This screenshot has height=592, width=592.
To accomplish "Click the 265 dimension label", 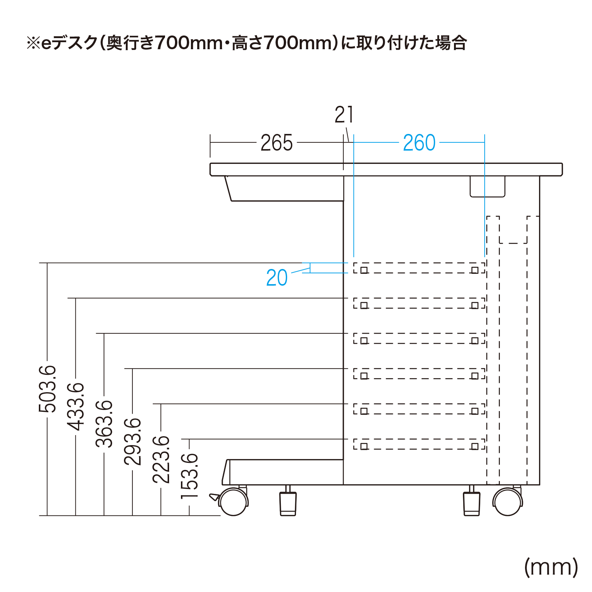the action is click(276, 143).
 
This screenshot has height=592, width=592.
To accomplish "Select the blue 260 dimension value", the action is click(419, 143).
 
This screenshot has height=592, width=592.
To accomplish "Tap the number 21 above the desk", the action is click(344, 115).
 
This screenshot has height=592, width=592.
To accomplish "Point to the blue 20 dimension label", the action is click(277, 278).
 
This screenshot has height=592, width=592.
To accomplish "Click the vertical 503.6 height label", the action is click(47, 389).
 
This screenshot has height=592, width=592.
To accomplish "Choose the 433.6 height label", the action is click(76, 407).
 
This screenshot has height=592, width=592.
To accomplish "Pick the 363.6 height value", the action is click(104, 424).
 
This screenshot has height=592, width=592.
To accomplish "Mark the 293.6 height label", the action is click(132, 441).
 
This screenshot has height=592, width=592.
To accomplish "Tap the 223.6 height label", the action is click(161, 459).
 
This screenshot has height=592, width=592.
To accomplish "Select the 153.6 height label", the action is click(189, 476).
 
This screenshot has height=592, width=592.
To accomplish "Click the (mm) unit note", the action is click(551, 567).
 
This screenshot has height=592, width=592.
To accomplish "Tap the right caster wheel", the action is click(508, 502).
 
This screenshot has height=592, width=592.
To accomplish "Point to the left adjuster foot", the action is click(288, 501).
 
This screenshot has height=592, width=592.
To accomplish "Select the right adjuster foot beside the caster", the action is click(472, 501).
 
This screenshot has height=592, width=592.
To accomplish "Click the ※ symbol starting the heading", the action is click(33, 43).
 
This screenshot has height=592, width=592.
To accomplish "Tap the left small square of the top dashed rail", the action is click(364, 270).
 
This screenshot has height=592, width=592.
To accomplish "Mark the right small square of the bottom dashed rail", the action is click(475, 446).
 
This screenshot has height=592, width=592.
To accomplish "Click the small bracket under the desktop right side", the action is click(488, 186).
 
